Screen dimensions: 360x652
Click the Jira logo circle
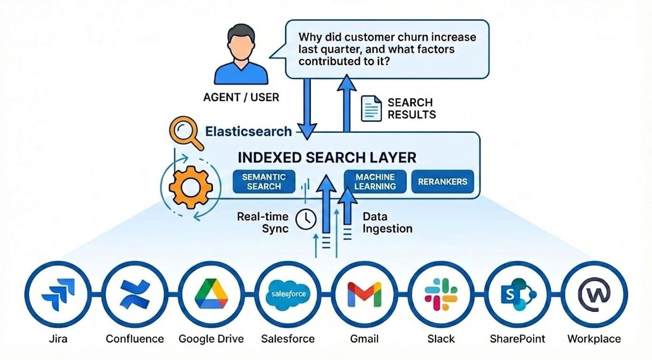pos(57,294)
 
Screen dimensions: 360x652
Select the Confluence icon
pos(134,294)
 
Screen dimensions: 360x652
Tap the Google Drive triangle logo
pos(211,294)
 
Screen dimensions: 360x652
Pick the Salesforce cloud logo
pos(288,294)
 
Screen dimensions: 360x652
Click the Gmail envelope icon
pos(364,294)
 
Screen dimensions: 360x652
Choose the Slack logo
pos(441,294)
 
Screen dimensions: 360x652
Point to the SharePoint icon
pos(517,294)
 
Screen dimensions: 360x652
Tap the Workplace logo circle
pos(594,294)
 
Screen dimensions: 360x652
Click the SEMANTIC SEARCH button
pos(264,182)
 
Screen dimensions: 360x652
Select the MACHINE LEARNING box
pos(375,182)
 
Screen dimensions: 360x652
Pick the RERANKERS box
pos(443,182)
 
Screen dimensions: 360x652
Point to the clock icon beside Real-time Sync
pos(306,219)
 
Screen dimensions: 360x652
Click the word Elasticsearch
pos(248,131)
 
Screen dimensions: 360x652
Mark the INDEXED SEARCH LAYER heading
pos(327,157)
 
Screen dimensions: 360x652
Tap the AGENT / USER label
pos(241,97)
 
